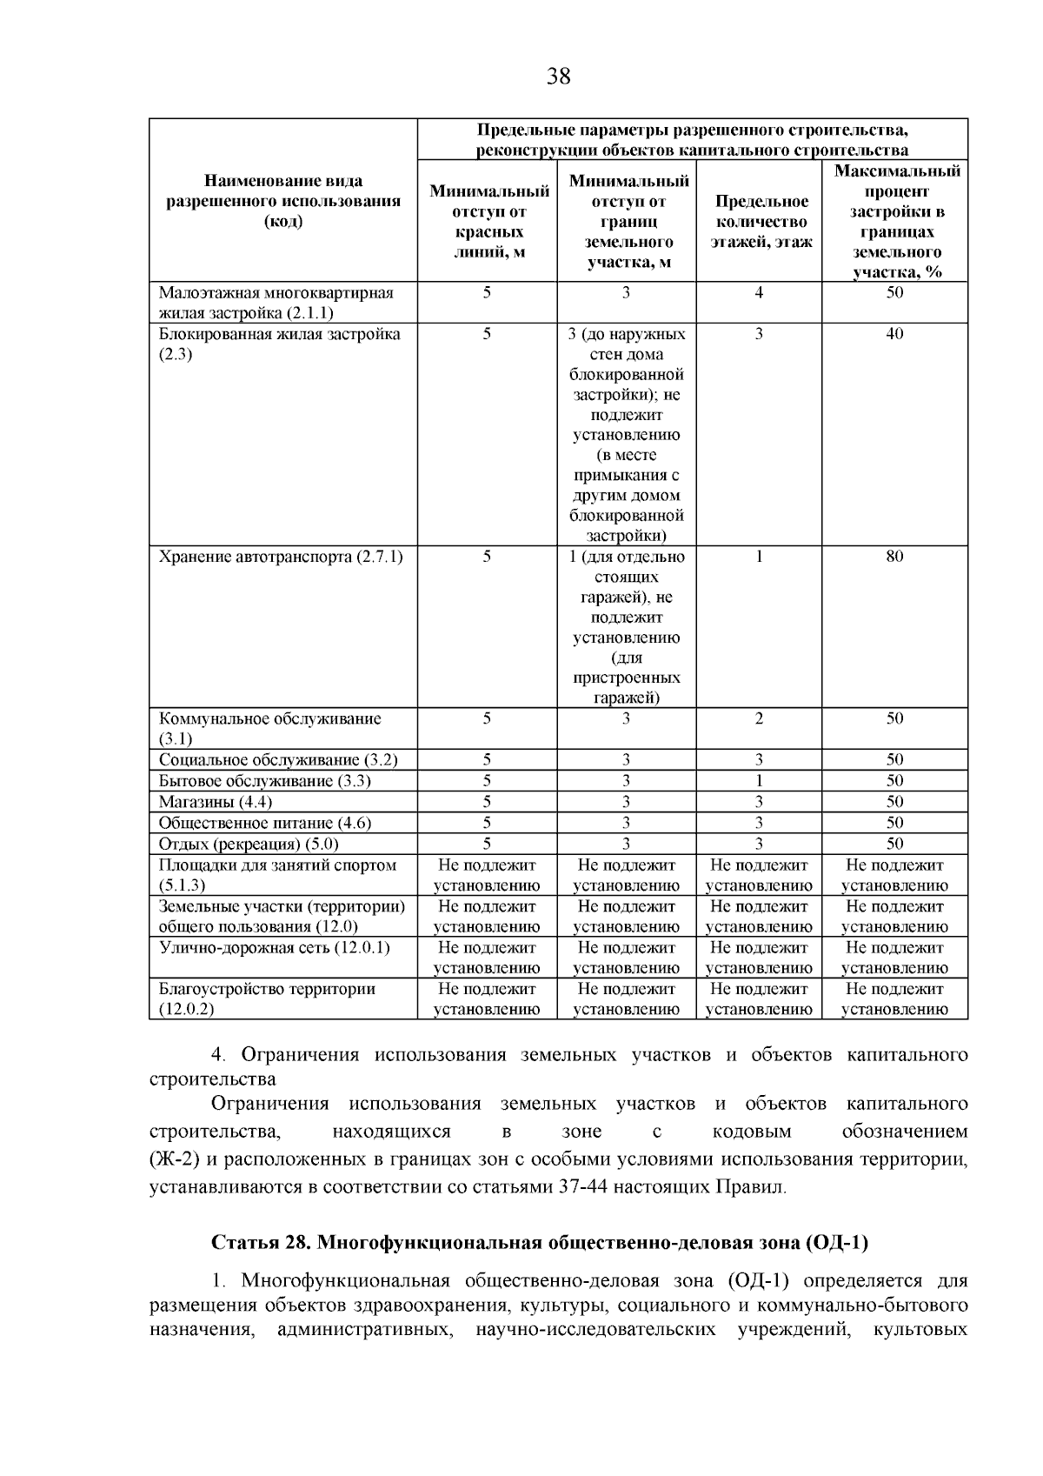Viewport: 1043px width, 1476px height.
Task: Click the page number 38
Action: point(559,77)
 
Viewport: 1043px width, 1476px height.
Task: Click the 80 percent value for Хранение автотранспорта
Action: point(894,557)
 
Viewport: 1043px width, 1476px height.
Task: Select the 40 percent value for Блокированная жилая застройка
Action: point(894,334)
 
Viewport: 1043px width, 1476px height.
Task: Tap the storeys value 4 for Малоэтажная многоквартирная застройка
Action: point(759,293)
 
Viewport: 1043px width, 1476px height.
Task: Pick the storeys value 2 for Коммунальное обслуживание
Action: point(759,718)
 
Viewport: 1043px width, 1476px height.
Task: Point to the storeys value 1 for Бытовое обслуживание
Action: point(759,781)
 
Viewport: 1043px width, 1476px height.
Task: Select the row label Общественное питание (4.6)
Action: point(258,823)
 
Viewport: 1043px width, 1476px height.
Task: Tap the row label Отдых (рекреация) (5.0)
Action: point(249,844)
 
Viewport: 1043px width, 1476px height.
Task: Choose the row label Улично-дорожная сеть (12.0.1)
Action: point(275,948)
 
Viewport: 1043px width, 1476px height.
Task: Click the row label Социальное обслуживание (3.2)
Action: point(278,760)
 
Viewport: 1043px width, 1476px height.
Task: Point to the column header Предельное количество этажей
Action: point(761,222)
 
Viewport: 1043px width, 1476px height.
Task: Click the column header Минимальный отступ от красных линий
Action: point(489,222)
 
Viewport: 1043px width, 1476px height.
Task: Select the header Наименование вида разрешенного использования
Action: point(283,201)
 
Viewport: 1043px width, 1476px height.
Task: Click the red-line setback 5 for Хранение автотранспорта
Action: point(487,557)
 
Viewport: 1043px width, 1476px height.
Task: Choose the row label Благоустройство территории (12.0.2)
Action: point(266,990)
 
